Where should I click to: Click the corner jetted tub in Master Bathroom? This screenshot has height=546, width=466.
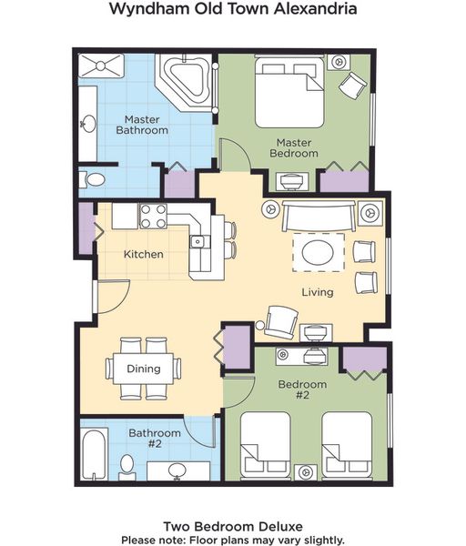(186, 81)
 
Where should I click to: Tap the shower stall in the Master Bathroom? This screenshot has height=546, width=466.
(101, 66)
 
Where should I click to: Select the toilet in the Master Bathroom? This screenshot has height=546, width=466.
(92, 180)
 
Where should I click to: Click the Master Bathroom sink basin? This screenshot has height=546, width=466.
(89, 124)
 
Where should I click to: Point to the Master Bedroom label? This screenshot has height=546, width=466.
(294, 147)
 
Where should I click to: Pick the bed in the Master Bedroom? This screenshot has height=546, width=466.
(289, 92)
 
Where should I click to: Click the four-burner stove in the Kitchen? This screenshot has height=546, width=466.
(153, 217)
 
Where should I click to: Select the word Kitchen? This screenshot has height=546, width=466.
(144, 254)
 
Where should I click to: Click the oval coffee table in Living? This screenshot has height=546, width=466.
(318, 252)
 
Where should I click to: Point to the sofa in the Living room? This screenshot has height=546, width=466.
(319, 216)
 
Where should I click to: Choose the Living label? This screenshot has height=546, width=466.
(318, 292)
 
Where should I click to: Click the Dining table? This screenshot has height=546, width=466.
(144, 369)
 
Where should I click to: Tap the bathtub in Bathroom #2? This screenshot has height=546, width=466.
(94, 455)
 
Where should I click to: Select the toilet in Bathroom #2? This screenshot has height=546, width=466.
(127, 468)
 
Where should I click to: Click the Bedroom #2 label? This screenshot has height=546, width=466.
(302, 389)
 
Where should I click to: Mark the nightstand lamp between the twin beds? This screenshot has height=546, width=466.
(306, 472)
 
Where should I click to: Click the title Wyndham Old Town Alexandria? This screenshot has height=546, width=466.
(233, 8)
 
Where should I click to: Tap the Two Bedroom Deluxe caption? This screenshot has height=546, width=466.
(233, 527)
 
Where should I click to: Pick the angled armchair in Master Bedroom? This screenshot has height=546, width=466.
(352, 86)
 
